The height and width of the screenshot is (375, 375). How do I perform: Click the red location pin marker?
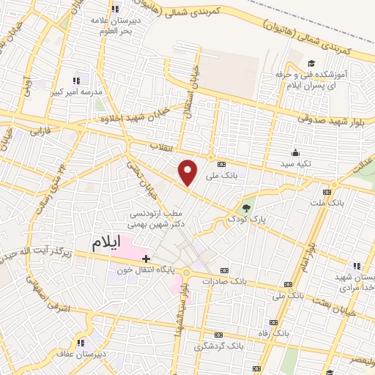click(x=188, y=172)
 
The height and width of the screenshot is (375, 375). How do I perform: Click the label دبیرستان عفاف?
click(x=79, y=354)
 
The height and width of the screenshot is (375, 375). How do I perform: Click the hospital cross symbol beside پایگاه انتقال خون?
click(x=146, y=259)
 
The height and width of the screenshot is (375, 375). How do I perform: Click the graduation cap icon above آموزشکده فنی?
click(x=312, y=64)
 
